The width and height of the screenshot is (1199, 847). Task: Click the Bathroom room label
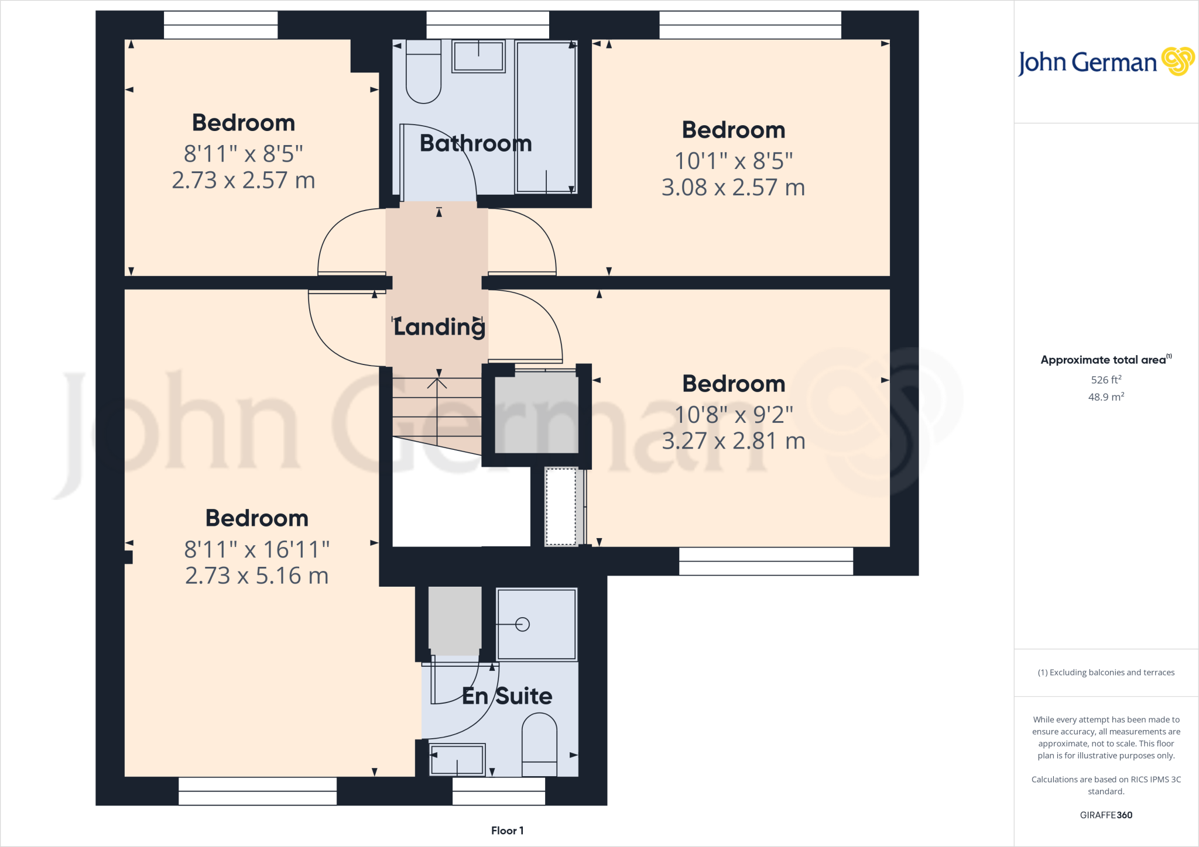click(475, 143)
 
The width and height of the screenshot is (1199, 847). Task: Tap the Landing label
click(439, 327)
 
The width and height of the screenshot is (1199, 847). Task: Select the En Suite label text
click(507, 696)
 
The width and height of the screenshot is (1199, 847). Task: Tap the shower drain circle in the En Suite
click(523, 625)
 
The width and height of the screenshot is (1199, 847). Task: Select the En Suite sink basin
click(457, 759)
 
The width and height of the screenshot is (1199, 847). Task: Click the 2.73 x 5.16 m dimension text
click(256, 576)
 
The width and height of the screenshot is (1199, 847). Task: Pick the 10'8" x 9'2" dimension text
click(734, 415)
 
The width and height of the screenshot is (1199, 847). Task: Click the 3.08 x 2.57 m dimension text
click(733, 187)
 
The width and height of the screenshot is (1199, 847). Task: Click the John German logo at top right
click(1106, 61)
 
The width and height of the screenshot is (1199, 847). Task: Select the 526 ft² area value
click(1106, 380)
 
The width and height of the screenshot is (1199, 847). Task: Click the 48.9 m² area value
click(1106, 397)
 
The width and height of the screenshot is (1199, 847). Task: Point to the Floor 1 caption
click(507, 831)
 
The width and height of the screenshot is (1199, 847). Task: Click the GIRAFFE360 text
click(1106, 815)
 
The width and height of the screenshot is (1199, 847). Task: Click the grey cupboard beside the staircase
click(536, 413)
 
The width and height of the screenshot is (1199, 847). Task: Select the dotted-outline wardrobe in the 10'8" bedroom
click(561, 507)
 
